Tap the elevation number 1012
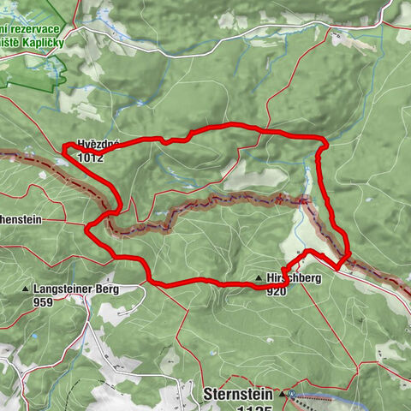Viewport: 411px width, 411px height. (x=89, y=158)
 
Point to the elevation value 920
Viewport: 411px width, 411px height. (x=276, y=291)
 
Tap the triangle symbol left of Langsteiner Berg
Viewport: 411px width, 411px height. (x=26, y=290)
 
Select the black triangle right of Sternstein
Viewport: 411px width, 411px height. (x=281, y=395)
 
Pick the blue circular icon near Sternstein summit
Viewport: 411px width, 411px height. (x=292, y=394)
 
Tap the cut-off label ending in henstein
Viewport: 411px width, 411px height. (x=21, y=219)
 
